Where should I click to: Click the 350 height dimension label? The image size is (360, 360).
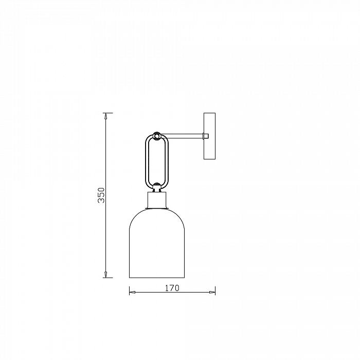coord(101,195)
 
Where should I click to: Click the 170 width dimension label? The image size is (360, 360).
coord(172,288)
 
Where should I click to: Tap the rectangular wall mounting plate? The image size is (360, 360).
coord(210,136)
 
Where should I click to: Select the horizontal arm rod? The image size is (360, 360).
coord(182,136)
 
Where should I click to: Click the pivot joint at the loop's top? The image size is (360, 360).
coord(157,136)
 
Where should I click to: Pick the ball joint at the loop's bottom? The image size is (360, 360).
coord(157,186)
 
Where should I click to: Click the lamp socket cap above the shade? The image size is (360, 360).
coord(157,200)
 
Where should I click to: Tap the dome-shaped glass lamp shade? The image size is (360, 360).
coord(130,253)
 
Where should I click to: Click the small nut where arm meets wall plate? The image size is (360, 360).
coord(206,136)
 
